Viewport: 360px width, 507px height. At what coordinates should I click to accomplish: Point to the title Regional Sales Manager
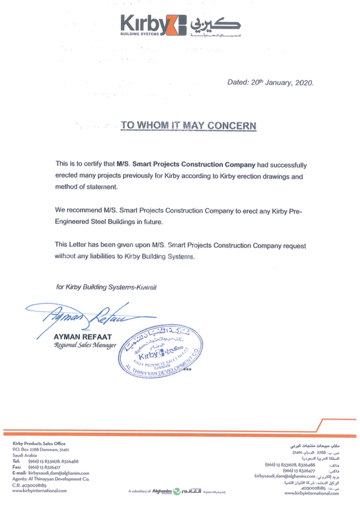point(85,345)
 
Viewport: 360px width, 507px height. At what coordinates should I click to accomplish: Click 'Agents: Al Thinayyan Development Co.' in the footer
point(51,479)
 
